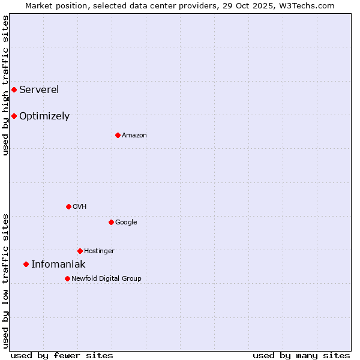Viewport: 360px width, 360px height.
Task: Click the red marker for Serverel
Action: pyautogui.click(x=14, y=90)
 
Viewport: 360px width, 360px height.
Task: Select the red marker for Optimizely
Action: pyautogui.click(x=14, y=116)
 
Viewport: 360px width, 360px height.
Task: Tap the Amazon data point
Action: pyautogui.click(x=118, y=135)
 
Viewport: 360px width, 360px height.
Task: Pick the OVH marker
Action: pyautogui.click(x=68, y=206)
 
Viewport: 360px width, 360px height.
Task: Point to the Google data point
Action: pyautogui.click(x=111, y=222)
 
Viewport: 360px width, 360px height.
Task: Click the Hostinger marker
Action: pyautogui.click(x=80, y=251)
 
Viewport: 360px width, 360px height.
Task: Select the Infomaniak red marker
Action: pyautogui.click(x=26, y=264)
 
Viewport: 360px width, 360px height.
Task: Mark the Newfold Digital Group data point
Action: pyautogui.click(x=67, y=278)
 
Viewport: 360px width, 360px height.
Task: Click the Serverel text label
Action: pyautogui.click(x=39, y=90)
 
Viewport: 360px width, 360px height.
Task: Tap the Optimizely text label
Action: pyautogui.click(x=44, y=116)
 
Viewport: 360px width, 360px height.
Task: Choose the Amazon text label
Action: pyautogui.click(x=134, y=136)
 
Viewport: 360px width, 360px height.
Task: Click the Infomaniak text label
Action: pyautogui.click(x=58, y=265)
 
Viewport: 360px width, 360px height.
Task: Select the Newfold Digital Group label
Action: pyautogui.click(x=106, y=278)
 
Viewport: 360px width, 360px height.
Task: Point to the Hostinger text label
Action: pyautogui.click(x=99, y=251)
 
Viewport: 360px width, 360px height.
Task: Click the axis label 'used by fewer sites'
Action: pyautogui.click(x=62, y=355)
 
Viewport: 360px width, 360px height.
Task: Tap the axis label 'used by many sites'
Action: pyautogui.click(x=301, y=355)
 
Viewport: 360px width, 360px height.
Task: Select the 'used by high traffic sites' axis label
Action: pyautogui.click(x=5, y=86)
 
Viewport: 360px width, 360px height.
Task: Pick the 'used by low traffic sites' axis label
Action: pyautogui.click(x=5, y=280)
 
